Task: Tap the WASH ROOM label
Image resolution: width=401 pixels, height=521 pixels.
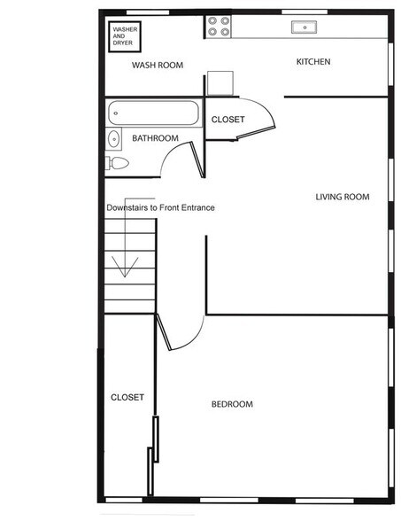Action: [158, 66]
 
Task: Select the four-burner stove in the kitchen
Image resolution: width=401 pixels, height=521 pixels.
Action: [219, 27]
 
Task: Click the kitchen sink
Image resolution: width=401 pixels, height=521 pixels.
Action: [305, 27]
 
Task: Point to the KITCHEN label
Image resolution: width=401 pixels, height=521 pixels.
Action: [313, 62]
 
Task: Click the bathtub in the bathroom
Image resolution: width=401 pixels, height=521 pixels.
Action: [154, 113]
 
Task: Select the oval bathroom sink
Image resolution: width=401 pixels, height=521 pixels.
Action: [113, 139]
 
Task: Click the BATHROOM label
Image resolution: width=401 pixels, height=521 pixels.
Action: [155, 139]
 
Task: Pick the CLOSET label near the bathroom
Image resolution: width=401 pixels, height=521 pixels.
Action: [227, 120]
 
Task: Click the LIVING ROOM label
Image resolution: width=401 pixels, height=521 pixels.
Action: [342, 197]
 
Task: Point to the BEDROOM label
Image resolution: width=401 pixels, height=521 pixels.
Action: [231, 405]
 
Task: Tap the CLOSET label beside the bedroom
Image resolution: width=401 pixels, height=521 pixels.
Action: [127, 398]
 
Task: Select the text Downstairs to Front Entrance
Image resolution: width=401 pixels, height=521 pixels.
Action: [160, 207]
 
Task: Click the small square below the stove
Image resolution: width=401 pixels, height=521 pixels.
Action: [220, 82]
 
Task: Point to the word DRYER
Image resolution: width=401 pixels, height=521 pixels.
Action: [123, 43]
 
